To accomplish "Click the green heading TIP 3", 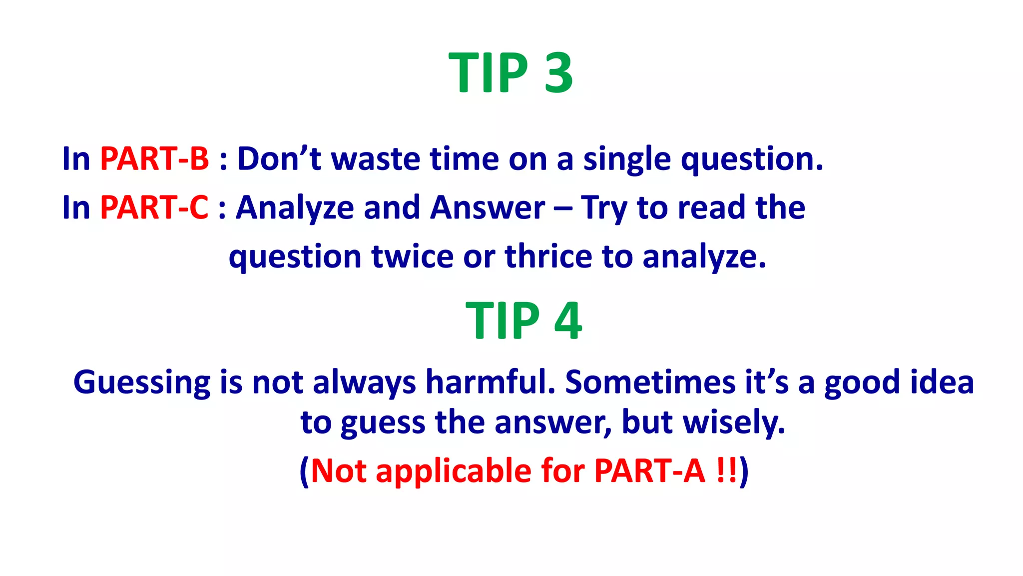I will [x=511, y=73].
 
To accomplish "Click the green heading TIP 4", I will [x=523, y=320].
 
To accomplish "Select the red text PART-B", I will [x=154, y=159].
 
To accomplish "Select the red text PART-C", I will [x=154, y=207].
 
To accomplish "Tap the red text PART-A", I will [x=649, y=471].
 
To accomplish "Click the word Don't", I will [x=279, y=159].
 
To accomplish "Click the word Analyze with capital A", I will [x=295, y=208].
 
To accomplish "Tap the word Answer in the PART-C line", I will [x=488, y=207].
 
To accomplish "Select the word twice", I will [x=413, y=256].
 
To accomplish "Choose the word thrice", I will [x=548, y=256].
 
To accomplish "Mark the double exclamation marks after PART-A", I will [x=726, y=471].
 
